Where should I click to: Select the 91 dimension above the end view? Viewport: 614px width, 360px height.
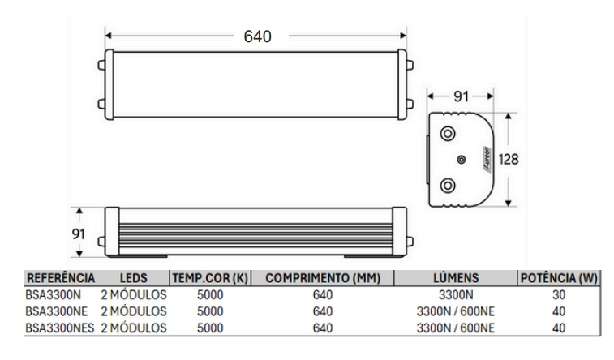tap(460, 96)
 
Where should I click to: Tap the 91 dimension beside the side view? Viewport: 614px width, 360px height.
tap(79, 233)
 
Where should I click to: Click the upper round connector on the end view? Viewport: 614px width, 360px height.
tap(447, 133)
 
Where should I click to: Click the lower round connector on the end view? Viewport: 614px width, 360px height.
tap(447, 186)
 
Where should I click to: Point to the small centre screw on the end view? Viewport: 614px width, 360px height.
tap(461, 160)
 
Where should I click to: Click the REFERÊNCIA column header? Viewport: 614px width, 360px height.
tap(61, 278)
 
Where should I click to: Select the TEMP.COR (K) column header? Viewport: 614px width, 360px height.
tap(209, 278)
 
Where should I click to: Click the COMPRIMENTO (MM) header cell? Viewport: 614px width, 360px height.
tap(322, 278)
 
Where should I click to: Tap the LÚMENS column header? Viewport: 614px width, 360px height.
tap(455, 278)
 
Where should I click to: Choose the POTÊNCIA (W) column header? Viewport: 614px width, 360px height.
tap(558, 278)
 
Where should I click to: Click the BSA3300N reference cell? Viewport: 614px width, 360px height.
tap(54, 294)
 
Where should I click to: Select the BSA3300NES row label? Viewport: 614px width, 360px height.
tap(60, 328)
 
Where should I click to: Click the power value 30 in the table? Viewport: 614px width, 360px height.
tap(558, 294)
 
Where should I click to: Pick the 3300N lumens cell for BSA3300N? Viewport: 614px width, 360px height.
tap(455, 294)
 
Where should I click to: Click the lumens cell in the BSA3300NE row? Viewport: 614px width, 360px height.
tap(455, 311)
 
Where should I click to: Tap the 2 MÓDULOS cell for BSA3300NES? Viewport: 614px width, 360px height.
tap(134, 328)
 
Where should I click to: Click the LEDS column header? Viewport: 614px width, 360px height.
tap(133, 278)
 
